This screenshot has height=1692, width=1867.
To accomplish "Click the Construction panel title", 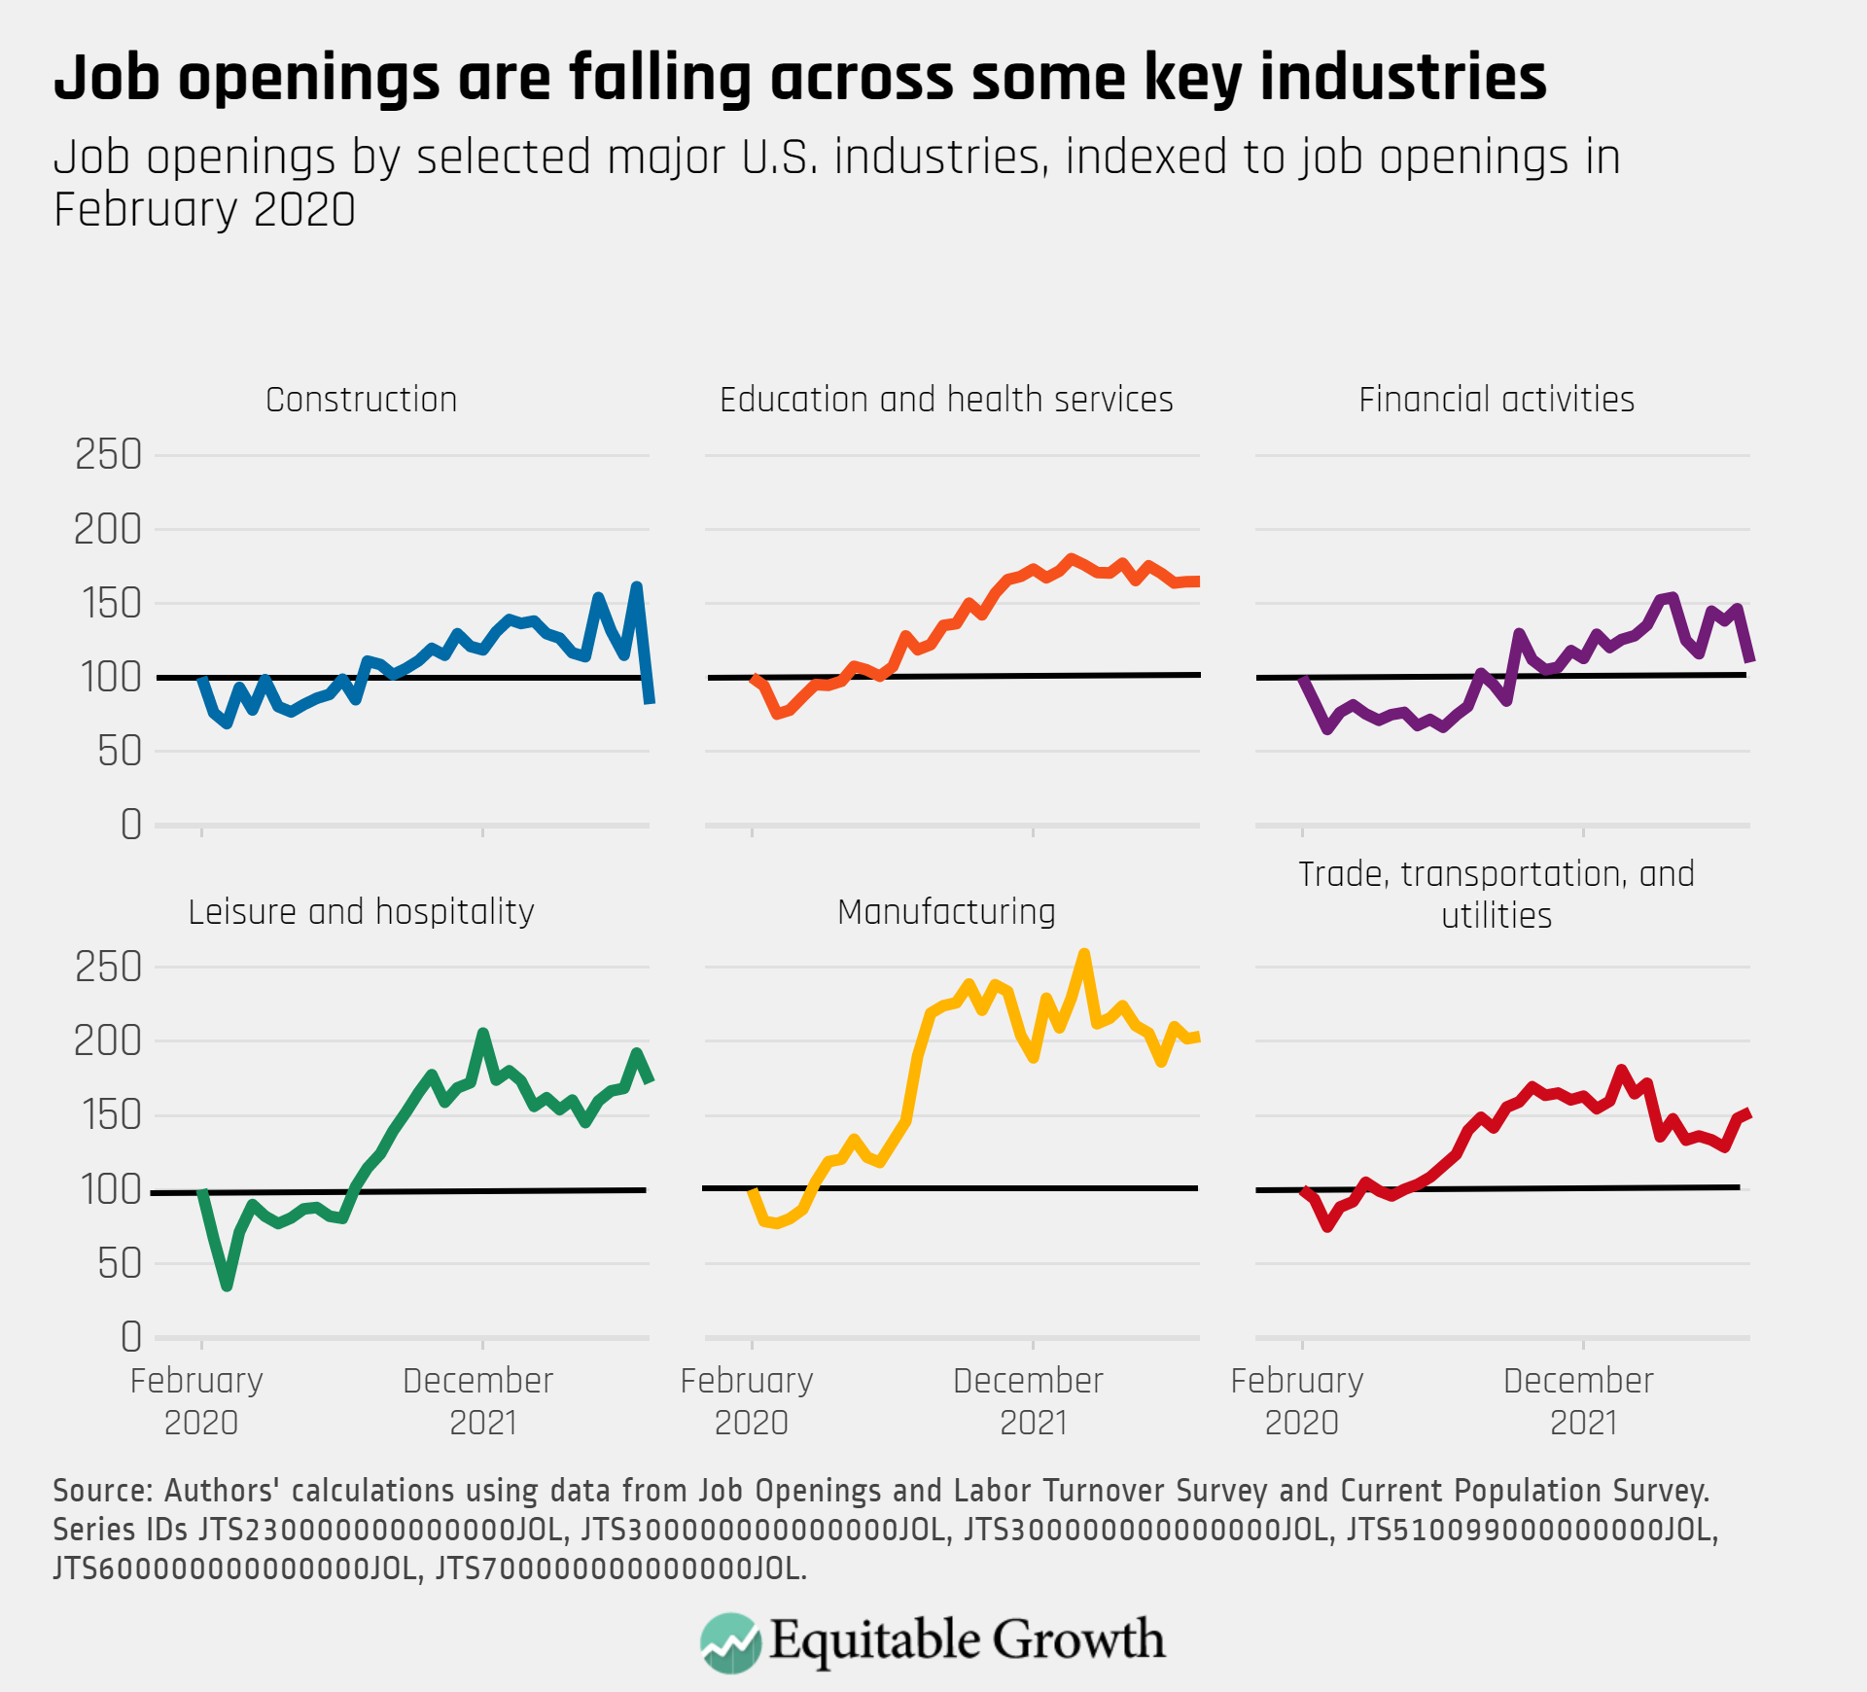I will click(361, 400).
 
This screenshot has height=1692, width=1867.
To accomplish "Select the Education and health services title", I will click(946, 400).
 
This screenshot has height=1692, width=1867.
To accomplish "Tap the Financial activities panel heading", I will click(1496, 400).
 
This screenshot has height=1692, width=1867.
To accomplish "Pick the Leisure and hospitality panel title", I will click(361, 912).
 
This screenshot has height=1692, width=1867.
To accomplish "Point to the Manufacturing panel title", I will click(946, 912).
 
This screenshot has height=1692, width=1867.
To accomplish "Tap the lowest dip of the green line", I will click(227, 1286).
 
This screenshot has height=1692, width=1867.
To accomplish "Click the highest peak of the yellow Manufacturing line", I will click(1084, 954).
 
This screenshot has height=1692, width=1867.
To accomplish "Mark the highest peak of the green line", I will click(482, 1033).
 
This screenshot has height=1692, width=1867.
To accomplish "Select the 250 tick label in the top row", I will click(108, 455).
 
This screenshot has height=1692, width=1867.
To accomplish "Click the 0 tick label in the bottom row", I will click(131, 1338).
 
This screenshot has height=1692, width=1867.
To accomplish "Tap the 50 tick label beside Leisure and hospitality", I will click(120, 1264).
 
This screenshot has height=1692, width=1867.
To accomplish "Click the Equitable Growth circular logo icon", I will click(730, 1642).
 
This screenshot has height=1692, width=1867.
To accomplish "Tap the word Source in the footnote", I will click(102, 1491).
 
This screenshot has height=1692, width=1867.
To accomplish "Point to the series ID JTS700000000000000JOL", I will click(619, 1569).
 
